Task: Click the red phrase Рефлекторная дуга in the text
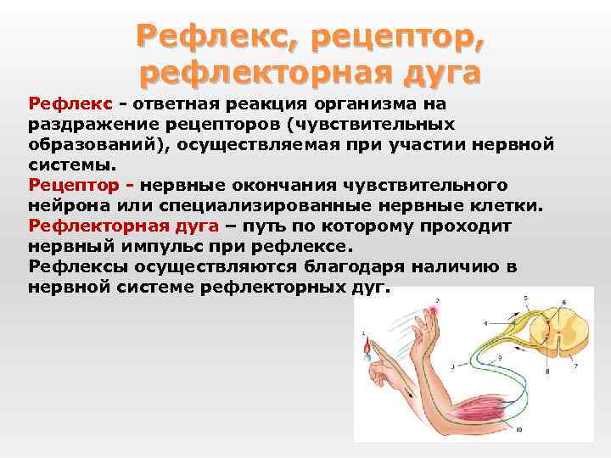pyautogui.click(x=124, y=226)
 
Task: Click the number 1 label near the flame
pyautogui.click(x=363, y=332)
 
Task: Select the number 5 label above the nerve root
pyautogui.click(x=525, y=298)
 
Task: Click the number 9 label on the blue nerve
pyautogui.click(x=499, y=359)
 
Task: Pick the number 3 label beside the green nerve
pyautogui.click(x=452, y=366)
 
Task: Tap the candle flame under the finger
pyautogui.click(x=367, y=349)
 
